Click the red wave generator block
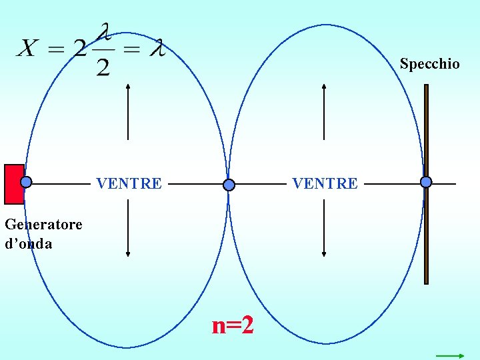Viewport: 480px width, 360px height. coord(13,184)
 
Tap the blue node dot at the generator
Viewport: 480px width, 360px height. coord(26,182)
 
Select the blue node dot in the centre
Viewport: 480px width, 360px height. coord(229,185)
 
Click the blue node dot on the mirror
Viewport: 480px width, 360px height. coord(426,182)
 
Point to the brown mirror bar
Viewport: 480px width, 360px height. coord(427,233)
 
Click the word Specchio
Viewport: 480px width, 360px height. coord(429,64)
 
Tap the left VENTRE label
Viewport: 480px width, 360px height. coord(129,183)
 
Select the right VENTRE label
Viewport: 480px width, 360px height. coord(325,183)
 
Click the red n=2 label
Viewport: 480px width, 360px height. coord(233,326)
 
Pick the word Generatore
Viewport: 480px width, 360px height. coord(43,224)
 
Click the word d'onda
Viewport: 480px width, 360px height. coord(29,244)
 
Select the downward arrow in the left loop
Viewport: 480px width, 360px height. coord(128,229)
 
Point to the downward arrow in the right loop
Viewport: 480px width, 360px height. coord(324,229)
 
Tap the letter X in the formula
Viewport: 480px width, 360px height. coord(29,48)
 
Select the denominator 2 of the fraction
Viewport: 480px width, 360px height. coord(103,67)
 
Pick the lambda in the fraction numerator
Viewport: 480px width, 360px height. coord(103,32)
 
